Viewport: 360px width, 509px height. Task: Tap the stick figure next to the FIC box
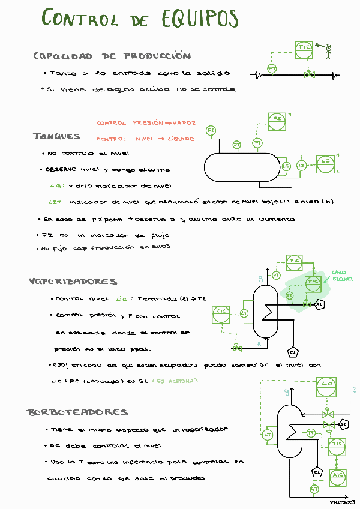(328, 51)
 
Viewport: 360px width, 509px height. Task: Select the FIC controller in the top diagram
(304, 50)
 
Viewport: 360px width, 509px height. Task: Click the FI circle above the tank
(211, 130)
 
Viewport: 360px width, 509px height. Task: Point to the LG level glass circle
(286, 166)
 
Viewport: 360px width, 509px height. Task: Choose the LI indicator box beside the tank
(326, 163)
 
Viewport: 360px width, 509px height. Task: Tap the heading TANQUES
(56, 136)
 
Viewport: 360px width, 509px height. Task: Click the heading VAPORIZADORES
(73, 281)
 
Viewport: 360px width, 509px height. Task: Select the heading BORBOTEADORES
(77, 412)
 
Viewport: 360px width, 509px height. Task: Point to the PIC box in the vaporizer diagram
(294, 262)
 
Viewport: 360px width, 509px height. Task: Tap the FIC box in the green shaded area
(313, 283)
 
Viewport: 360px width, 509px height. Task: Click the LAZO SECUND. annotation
(342, 276)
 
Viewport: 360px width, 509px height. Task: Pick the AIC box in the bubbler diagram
(338, 475)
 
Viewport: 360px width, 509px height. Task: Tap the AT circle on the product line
(314, 489)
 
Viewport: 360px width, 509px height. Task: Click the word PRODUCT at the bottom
(343, 502)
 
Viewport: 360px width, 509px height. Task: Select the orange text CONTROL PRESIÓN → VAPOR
(146, 123)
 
